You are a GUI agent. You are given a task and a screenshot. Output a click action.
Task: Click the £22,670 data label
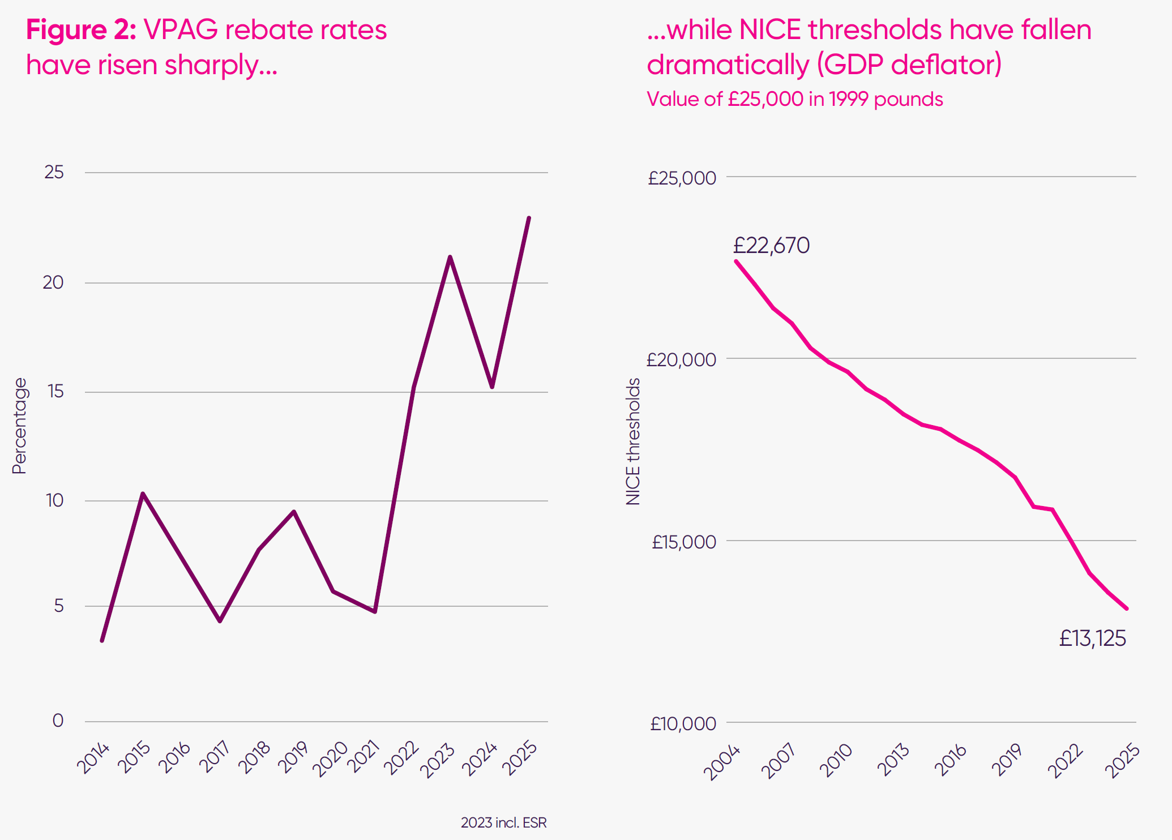click(x=771, y=246)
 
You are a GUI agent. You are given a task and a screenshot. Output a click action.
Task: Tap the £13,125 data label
click(x=1092, y=638)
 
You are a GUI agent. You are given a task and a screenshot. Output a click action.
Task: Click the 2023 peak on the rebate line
click(x=450, y=258)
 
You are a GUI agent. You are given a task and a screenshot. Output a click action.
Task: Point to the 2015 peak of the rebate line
click(x=143, y=494)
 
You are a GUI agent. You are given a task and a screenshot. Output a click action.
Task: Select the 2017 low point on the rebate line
click(x=220, y=621)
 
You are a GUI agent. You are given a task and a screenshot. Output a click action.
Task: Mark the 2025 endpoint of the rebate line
click(x=529, y=218)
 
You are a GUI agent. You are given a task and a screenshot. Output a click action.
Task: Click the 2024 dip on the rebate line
click(x=492, y=387)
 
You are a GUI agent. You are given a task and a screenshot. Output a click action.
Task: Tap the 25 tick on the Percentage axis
click(x=54, y=172)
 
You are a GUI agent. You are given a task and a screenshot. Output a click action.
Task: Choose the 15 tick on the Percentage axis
click(x=55, y=391)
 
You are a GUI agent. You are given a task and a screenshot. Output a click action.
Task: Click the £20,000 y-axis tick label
click(x=681, y=359)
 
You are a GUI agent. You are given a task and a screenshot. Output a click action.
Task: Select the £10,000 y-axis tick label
click(x=683, y=723)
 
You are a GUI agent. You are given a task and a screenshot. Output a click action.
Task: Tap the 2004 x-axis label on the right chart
click(x=722, y=762)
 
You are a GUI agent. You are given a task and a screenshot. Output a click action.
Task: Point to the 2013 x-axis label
click(x=893, y=760)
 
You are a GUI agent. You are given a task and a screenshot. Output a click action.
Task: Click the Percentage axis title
click(x=19, y=426)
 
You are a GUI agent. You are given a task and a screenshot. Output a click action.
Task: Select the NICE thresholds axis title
click(x=633, y=442)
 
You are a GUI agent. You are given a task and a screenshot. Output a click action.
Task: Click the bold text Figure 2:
click(x=81, y=29)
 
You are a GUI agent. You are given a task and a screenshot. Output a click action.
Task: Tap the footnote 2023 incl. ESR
click(x=503, y=822)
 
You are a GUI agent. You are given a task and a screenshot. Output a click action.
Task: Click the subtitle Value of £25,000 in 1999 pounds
click(x=794, y=99)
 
